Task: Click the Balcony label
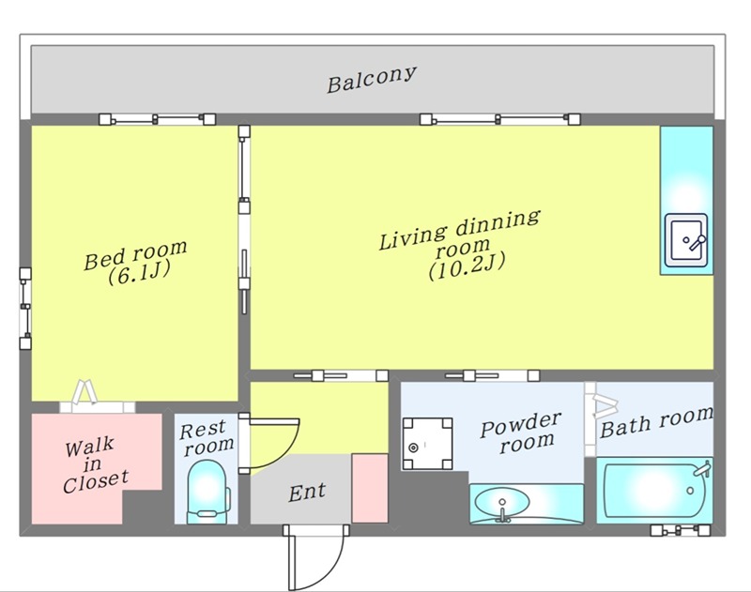pyautogui.click(x=371, y=79)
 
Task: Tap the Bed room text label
pyautogui.click(x=135, y=254)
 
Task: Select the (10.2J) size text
pyautogui.click(x=467, y=266)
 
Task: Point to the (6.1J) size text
pyautogui.click(x=139, y=273)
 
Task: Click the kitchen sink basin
pyautogui.click(x=686, y=240)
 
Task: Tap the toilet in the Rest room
pyautogui.click(x=207, y=492)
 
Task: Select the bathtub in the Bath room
pyautogui.click(x=654, y=491)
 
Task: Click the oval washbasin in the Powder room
pyautogui.click(x=502, y=504)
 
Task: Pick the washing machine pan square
pyautogui.click(x=427, y=444)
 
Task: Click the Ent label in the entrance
pyautogui.click(x=307, y=492)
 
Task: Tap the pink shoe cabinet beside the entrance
pyautogui.click(x=370, y=488)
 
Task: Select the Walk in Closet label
pyautogui.click(x=95, y=464)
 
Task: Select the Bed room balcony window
pyautogui.click(x=157, y=119)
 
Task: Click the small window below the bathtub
pyautogui.click(x=680, y=530)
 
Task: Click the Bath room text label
pyautogui.click(x=656, y=422)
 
